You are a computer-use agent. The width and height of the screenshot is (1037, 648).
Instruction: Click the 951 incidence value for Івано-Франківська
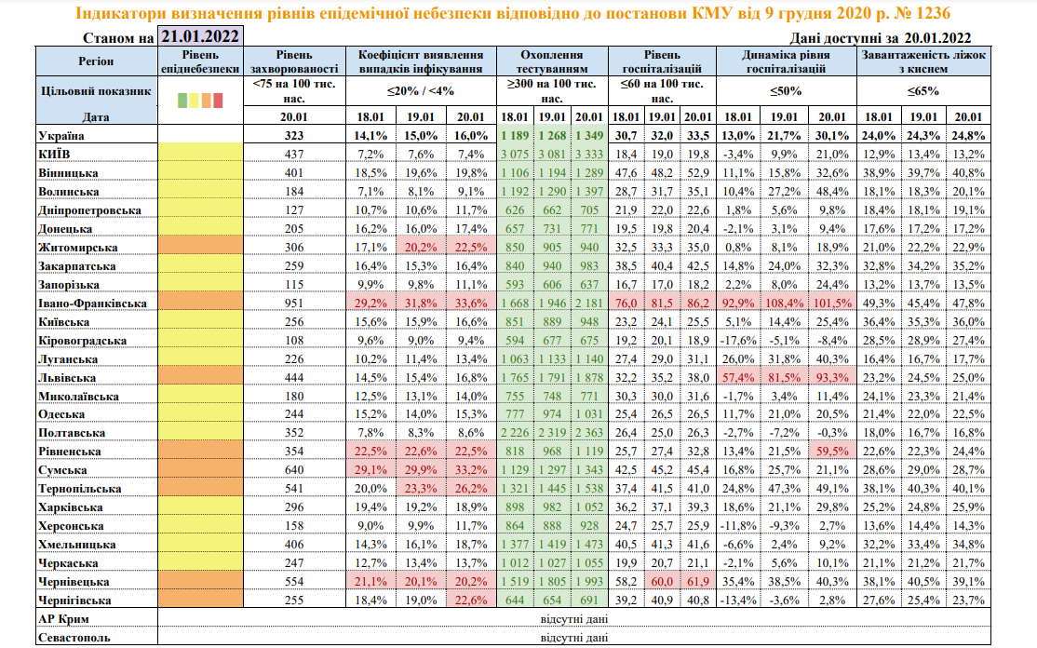coord(295,303)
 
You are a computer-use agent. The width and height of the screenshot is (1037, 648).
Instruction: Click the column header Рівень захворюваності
coord(295,61)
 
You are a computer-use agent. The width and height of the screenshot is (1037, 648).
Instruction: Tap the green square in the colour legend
coord(182,100)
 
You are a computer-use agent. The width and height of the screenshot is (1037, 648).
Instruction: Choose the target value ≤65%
coord(923,91)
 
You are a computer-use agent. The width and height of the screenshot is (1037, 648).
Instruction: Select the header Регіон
coord(96,61)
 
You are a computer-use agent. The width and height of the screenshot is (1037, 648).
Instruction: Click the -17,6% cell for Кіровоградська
coord(736,340)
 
